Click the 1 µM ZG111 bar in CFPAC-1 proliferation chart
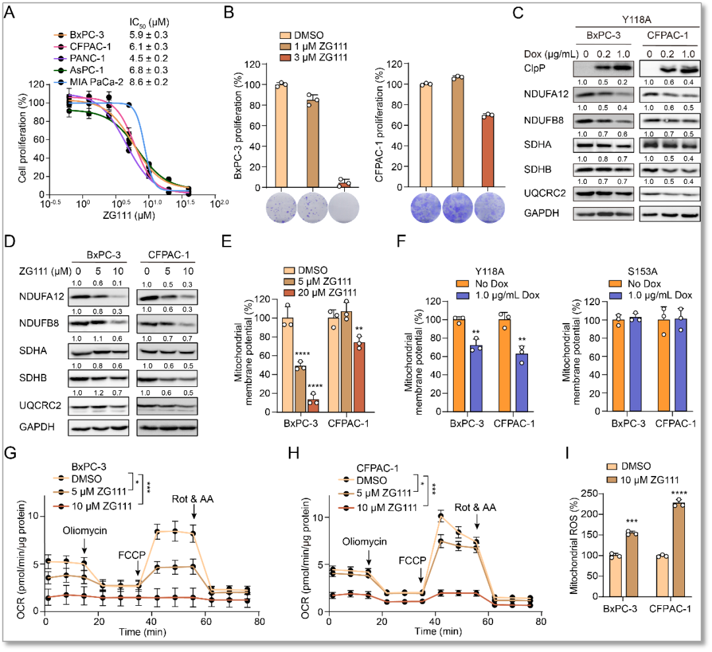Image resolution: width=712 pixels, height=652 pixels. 457,133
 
